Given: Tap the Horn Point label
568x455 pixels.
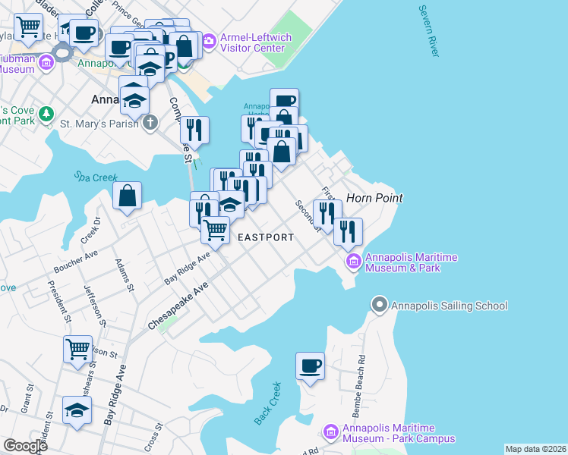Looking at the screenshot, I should pyautogui.click(x=374, y=198).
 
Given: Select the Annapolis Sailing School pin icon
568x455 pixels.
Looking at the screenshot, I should pyautogui.click(x=379, y=306).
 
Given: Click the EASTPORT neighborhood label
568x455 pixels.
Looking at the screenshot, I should pyautogui.click(x=265, y=237).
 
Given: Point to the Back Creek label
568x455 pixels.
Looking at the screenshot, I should pyautogui.click(x=268, y=404).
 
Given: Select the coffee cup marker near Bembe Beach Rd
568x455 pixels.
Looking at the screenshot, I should pyautogui.click(x=310, y=366).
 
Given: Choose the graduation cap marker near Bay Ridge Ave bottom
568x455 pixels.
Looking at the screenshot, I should pyautogui.click(x=77, y=410).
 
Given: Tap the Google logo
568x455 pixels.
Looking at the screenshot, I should pyautogui.click(x=25, y=446).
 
